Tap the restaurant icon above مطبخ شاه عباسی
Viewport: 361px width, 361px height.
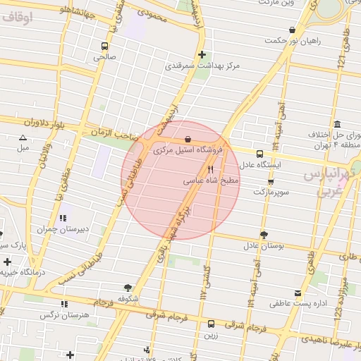pyautogui.click(x=210, y=169)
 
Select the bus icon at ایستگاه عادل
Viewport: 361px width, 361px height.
pyautogui.click(x=260, y=153)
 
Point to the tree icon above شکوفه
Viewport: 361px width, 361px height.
pyautogui.click(x=128, y=287)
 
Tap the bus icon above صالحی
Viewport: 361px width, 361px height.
pyautogui.click(x=105, y=45)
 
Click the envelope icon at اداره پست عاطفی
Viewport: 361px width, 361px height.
pyautogui.click(x=298, y=293)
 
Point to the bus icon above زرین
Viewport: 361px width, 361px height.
pyautogui.click(x=211, y=324)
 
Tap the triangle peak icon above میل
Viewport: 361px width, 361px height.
pyautogui.click(x=23, y=137)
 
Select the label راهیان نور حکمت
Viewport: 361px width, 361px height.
pyautogui.click(x=292, y=41)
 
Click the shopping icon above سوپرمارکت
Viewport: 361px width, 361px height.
pyautogui.click(x=271, y=181)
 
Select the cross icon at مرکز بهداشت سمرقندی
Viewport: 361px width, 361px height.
pyautogui.click(x=202, y=54)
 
